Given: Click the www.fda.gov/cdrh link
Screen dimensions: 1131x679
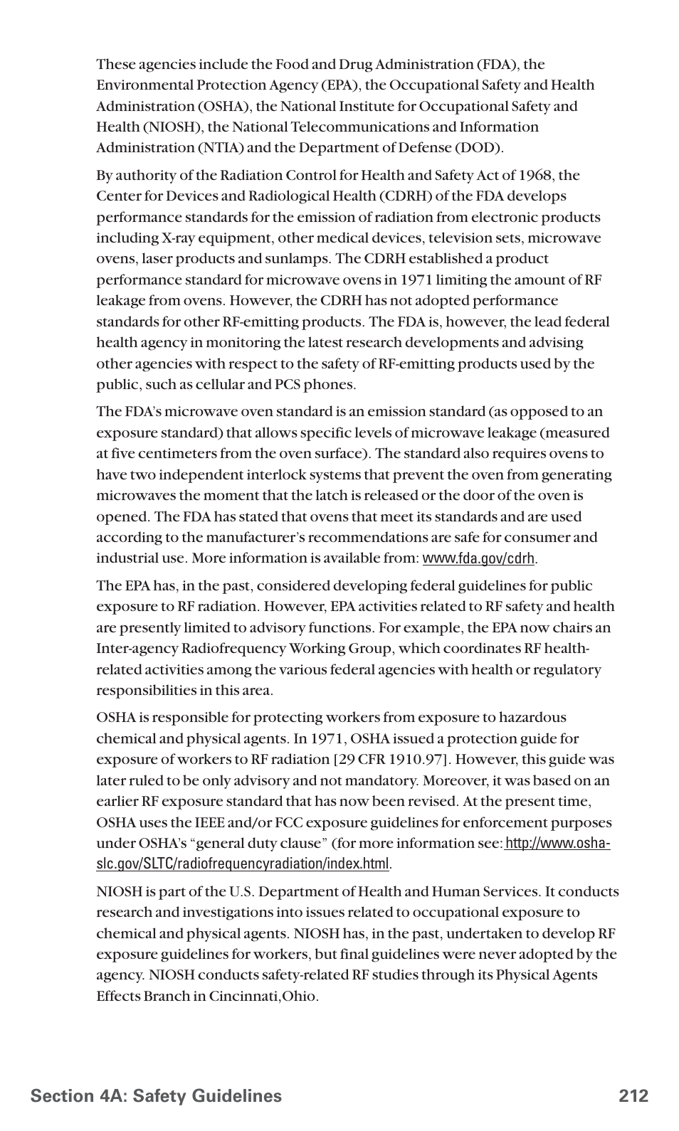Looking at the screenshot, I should (x=478, y=559).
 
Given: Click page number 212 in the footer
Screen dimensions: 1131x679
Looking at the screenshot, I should (x=633, y=1096).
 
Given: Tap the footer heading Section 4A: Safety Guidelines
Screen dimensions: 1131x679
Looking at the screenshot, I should (x=156, y=1096).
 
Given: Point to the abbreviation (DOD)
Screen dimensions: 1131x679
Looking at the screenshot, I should (x=478, y=148).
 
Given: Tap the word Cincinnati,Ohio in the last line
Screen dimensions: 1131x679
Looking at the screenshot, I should (x=263, y=997).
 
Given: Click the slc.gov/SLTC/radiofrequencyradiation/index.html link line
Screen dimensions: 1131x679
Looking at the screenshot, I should (x=243, y=864).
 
